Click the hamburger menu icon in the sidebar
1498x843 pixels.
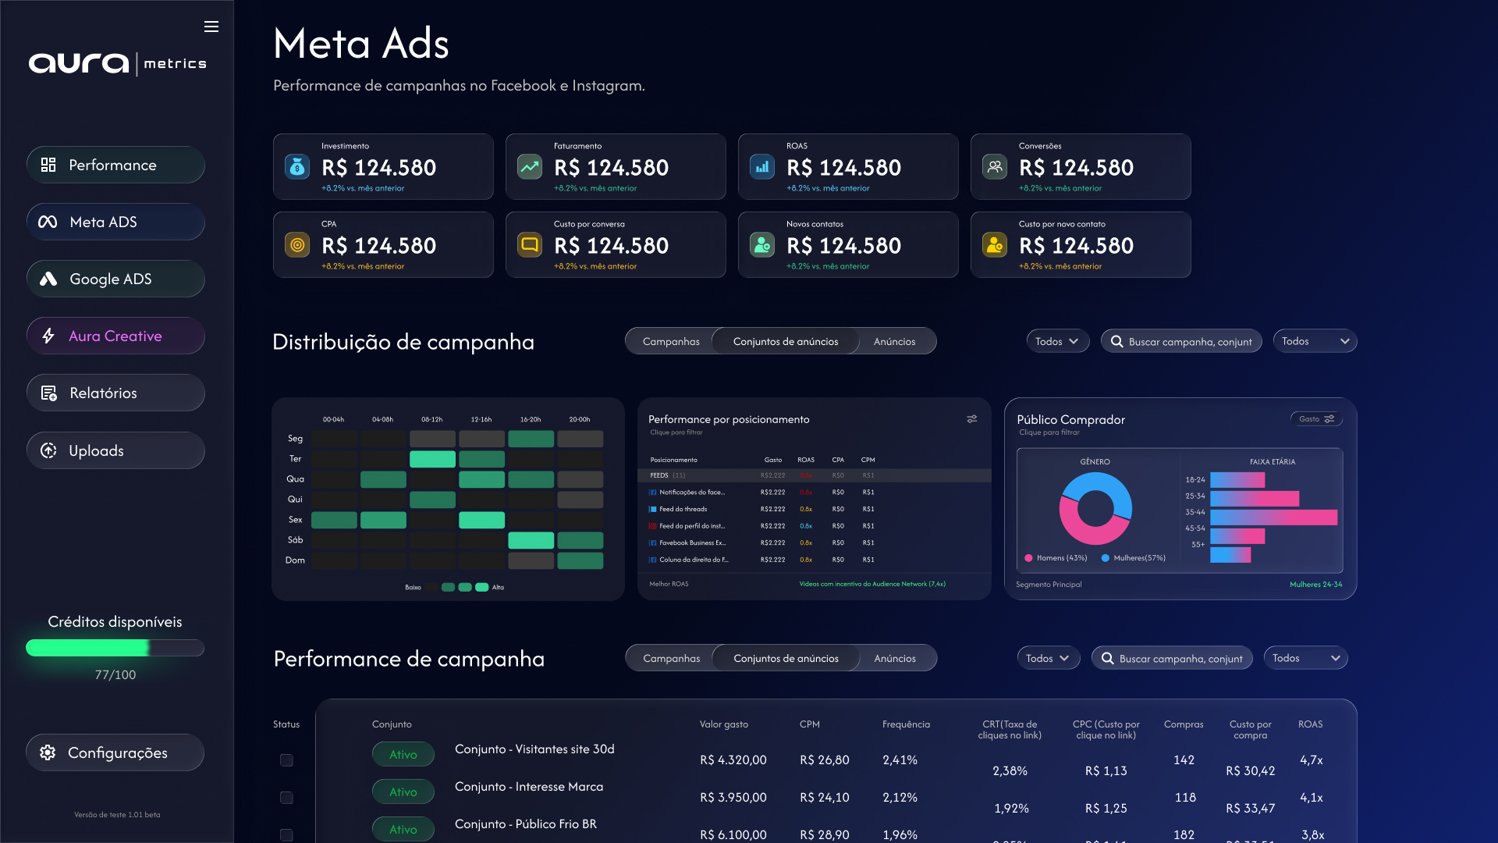pos(211,27)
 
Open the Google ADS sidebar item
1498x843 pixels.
pos(115,279)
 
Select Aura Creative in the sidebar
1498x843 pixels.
pos(115,336)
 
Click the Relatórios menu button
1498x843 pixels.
pos(115,393)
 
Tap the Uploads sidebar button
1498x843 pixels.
pos(115,450)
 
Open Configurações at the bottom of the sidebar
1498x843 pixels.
pos(115,752)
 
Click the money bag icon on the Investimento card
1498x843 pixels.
pos(297,166)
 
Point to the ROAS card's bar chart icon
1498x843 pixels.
pos(762,166)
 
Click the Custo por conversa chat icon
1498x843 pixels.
pos(530,244)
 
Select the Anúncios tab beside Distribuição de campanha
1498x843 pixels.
pos(894,341)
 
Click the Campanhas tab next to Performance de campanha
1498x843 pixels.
pos(671,658)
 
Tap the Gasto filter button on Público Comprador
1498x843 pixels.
pos(1316,419)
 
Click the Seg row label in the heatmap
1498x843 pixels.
pos(295,439)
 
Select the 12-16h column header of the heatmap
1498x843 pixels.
pos(481,420)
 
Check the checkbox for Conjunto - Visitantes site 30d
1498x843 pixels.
pos(286,760)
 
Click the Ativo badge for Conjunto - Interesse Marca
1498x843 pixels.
pos(403,791)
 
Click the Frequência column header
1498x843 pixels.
pos(906,724)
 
